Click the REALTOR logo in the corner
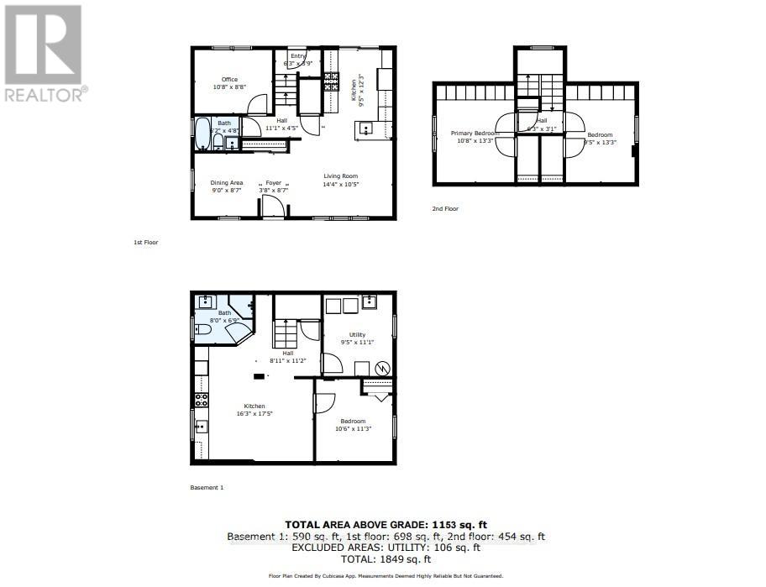(43, 52)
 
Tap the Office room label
(229, 80)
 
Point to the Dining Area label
(226, 182)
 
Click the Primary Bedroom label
(475, 134)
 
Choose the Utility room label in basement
(357, 334)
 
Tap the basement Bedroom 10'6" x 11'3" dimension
(353, 428)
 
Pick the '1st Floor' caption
(145, 242)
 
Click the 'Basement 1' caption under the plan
(207, 487)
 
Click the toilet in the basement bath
(202, 331)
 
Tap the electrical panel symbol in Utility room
(383, 368)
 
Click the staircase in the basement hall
(286, 335)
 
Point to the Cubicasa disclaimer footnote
(386, 576)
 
